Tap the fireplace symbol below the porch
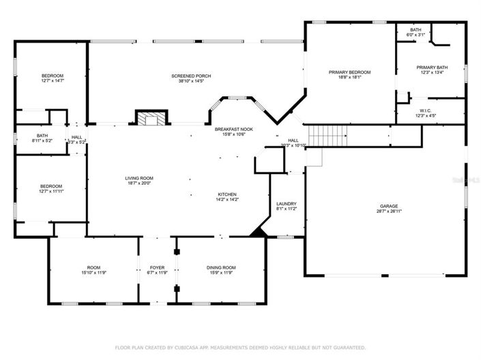[x=149, y=119]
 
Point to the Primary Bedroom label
[x=349, y=72]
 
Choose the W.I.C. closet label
[x=424, y=110]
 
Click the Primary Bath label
[x=433, y=67]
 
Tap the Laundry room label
[x=286, y=204]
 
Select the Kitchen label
[x=227, y=194]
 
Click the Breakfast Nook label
[x=234, y=128]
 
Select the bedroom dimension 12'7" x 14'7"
[x=52, y=81]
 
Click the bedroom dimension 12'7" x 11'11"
[x=51, y=192]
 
